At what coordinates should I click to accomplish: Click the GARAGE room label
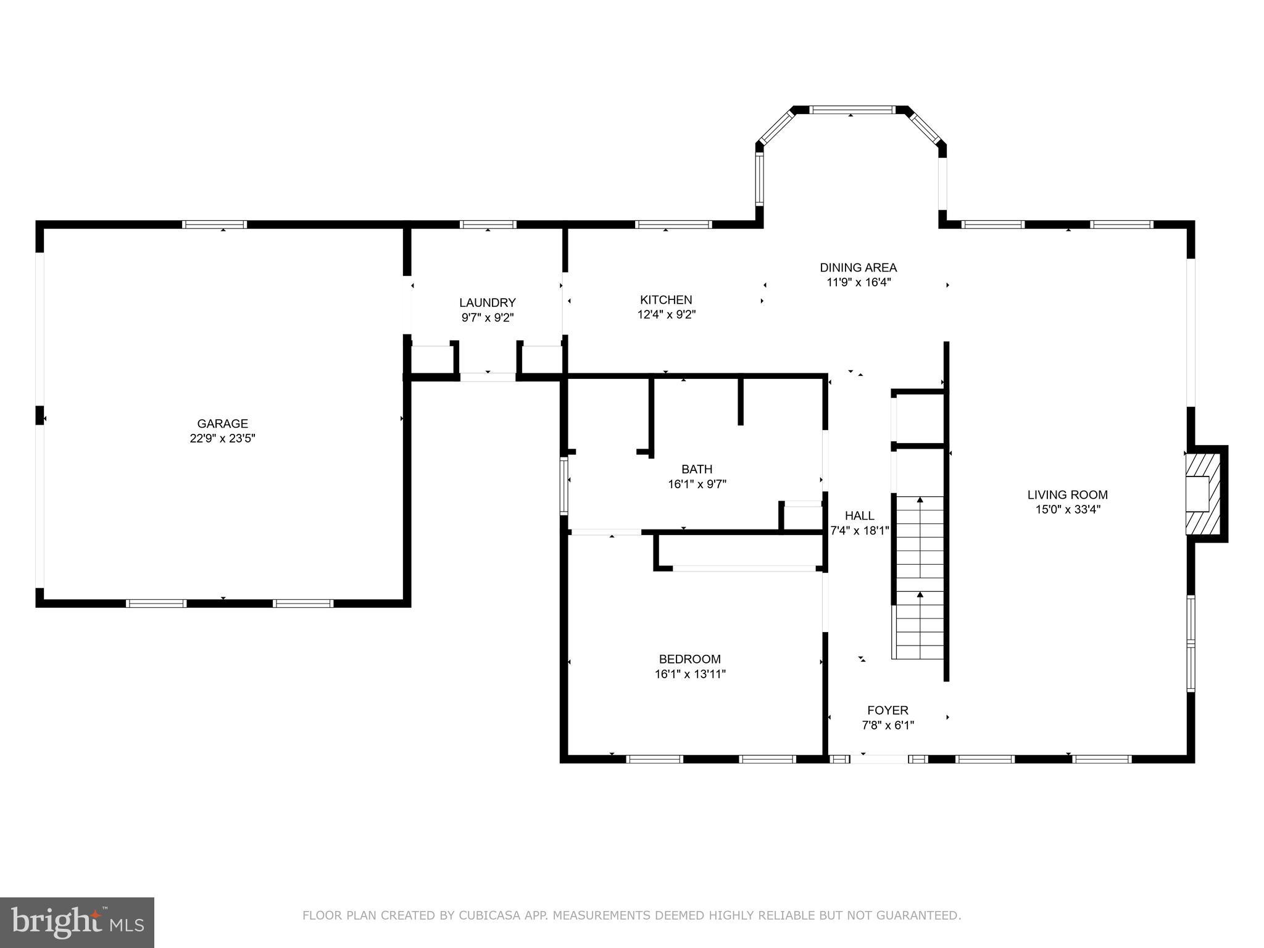coord(222,423)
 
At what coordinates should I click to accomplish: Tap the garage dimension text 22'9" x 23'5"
coord(222,439)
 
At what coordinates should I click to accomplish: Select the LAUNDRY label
coord(487,302)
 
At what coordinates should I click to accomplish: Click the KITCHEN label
coord(666,299)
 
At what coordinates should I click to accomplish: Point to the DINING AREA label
coord(858,267)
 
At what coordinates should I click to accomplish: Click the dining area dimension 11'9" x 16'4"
coord(858,283)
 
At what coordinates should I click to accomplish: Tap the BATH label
coord(697,469)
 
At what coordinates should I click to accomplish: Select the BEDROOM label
coord(689,659)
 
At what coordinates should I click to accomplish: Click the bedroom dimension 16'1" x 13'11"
coord(689,674)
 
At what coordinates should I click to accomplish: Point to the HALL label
coord(859,515)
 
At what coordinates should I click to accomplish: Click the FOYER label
coord(888,710)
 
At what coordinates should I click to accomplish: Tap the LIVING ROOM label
coord(1067,494)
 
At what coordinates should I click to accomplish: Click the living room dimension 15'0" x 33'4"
coord(1067,510)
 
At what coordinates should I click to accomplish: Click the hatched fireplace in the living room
coord(1204,494)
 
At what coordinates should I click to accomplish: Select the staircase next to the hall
coord(920,577)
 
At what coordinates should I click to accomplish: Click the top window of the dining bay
coord(851,110)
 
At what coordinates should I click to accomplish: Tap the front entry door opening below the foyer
coord(879,759)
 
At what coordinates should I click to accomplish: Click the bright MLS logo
coord(77,922)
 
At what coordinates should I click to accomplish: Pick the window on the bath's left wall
coord(563,486)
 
